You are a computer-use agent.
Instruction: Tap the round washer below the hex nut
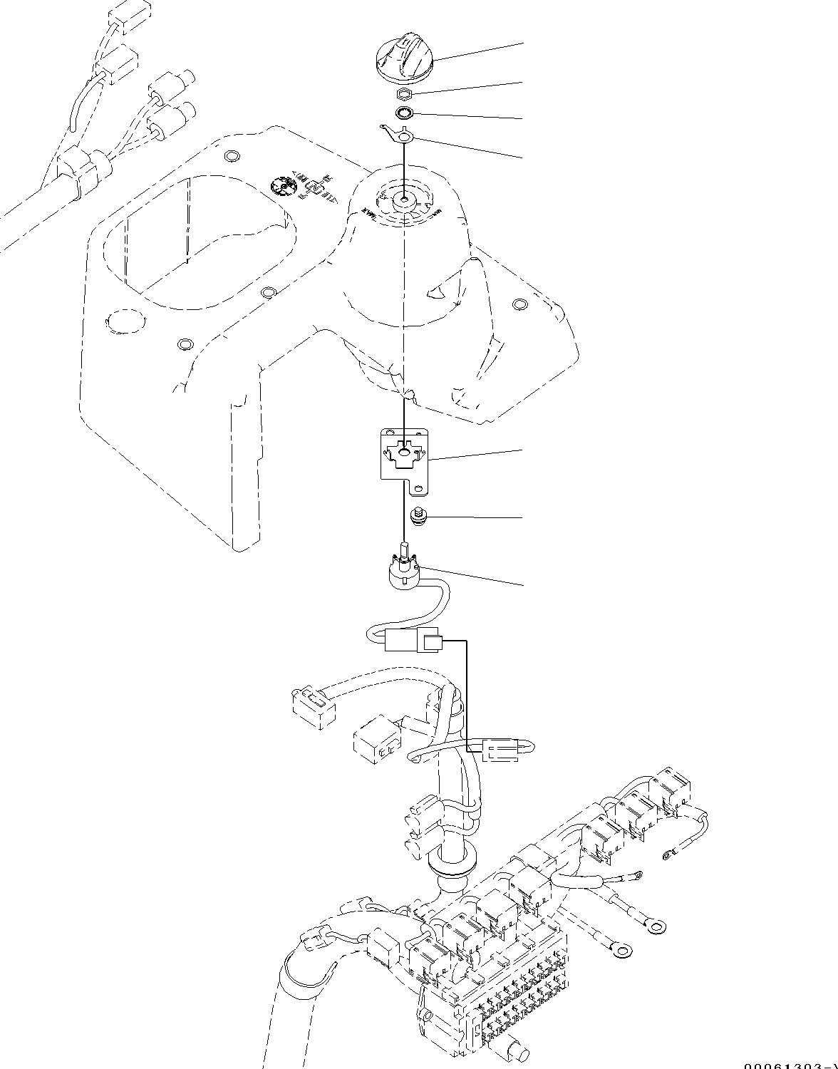(405, 112)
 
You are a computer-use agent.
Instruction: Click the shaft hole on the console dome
(404, 200)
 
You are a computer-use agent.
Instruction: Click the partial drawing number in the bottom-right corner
(791, 1065)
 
